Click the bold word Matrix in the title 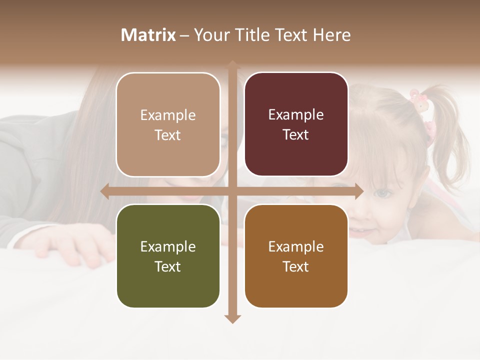point(148,35)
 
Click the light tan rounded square point(168,124)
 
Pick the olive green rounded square point(168,256)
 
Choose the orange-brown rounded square point(296,256)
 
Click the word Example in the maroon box point(296,114)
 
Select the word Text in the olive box point(168,266)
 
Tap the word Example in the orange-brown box point(296,246)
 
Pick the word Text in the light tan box point(168,135)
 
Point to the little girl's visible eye point(381,193)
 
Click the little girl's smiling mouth point(361,231)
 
